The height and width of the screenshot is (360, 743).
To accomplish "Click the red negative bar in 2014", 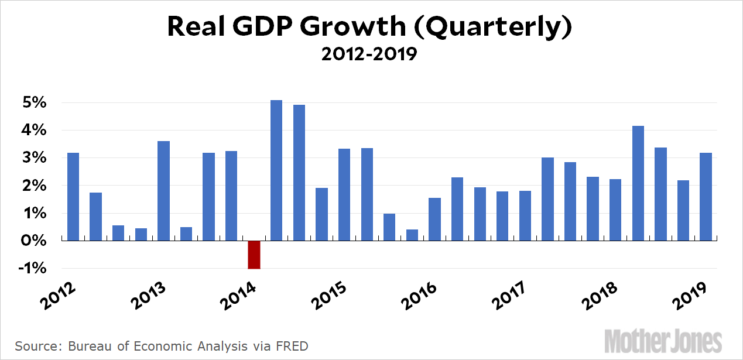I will [254, 255].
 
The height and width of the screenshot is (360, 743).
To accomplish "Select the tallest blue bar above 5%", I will [276, 170].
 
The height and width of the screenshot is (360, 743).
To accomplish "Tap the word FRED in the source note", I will [293, 346].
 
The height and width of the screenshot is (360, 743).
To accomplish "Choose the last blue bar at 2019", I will [706, 197].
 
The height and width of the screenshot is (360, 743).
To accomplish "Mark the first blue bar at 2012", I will [73, 197].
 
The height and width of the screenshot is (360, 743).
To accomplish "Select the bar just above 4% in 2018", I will [638, 183].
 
